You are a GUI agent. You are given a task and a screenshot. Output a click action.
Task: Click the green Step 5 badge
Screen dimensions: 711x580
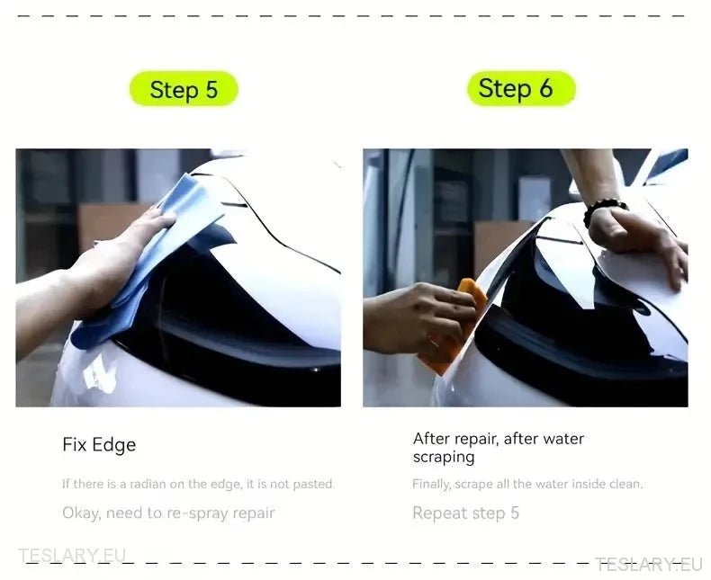click(184, 89)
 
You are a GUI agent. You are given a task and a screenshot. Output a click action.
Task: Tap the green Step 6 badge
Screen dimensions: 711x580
click(521, 88)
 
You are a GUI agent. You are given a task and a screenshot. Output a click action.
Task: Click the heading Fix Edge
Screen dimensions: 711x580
click(99, 444)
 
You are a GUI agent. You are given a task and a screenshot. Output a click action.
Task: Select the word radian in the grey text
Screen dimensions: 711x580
click(148, 484)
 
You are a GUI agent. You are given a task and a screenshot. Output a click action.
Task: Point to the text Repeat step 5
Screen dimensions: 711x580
click(465, 513)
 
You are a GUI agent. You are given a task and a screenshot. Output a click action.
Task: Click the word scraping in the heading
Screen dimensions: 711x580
click(444, 457)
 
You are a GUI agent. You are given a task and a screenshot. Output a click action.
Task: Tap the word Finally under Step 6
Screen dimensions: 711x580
click(431, 485)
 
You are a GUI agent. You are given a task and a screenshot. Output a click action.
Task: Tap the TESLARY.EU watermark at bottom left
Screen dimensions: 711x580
click(72, 556)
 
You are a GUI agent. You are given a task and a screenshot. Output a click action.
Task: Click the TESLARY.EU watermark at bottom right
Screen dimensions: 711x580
click(648, 565)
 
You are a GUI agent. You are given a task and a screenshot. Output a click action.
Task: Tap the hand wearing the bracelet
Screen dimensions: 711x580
click(634, 240)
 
